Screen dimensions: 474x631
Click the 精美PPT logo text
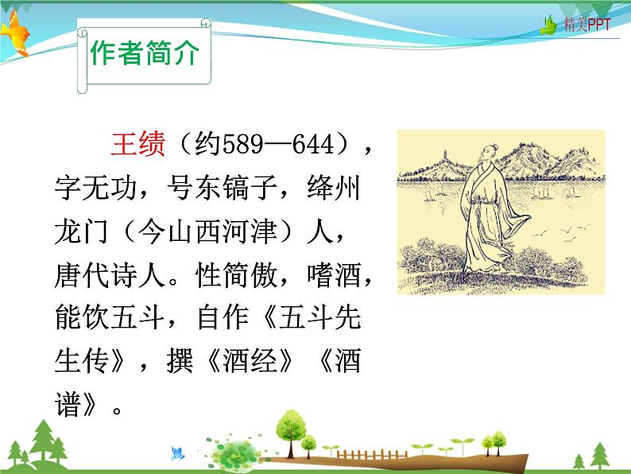tap(587, 25)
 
